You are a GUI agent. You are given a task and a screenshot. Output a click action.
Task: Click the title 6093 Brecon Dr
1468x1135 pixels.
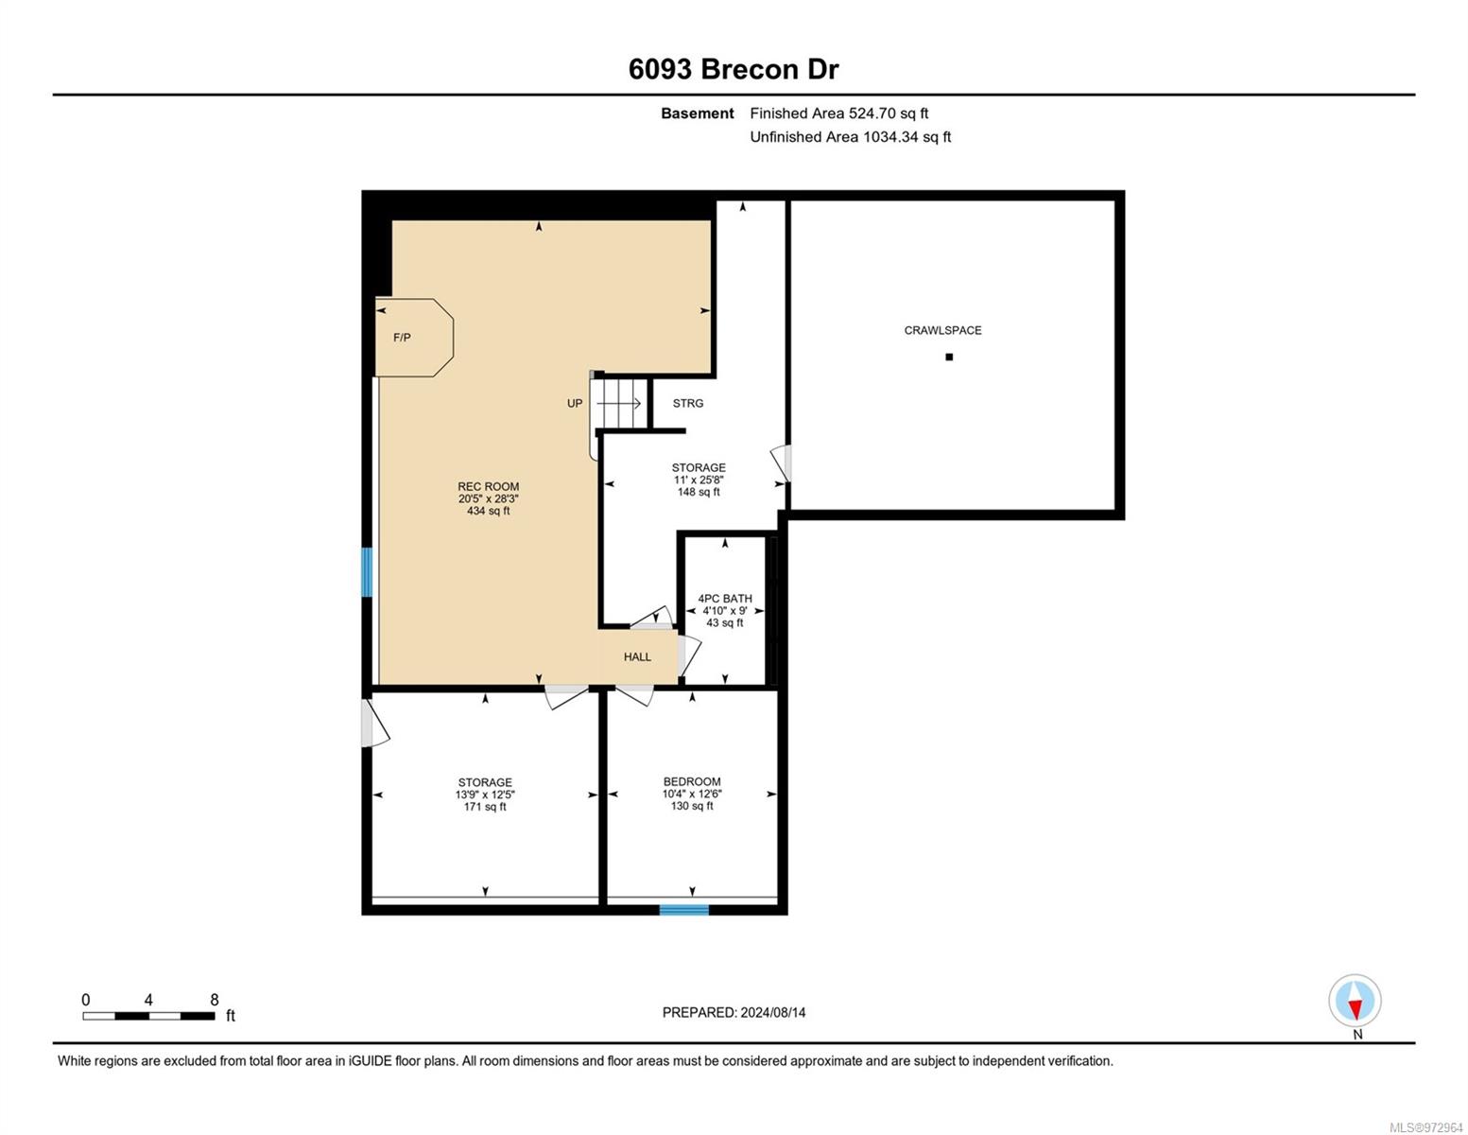733,69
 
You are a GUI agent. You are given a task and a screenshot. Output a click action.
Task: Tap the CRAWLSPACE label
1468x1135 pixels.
942,330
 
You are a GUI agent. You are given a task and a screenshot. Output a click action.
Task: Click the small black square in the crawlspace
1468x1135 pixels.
948,357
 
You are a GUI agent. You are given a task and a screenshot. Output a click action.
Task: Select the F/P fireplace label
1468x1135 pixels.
402,338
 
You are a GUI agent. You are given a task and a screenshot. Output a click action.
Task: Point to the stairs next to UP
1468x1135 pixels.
619,404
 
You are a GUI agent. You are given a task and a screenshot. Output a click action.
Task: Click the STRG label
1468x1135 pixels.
688,403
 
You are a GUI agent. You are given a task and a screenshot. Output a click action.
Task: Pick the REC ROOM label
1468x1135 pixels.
488,486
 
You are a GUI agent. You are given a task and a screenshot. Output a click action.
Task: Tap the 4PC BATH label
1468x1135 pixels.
724,599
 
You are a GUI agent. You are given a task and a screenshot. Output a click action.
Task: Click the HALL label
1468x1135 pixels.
637,656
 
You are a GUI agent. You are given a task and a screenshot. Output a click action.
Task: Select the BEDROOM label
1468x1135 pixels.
692,781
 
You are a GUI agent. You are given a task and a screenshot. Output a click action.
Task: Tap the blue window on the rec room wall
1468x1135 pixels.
367,572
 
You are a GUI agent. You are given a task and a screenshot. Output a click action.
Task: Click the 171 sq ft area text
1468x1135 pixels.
484,807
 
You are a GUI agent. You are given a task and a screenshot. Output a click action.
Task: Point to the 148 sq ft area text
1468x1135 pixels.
699,492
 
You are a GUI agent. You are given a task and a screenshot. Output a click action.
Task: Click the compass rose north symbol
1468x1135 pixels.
1355,1001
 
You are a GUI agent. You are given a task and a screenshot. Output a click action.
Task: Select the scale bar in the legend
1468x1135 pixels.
148,1015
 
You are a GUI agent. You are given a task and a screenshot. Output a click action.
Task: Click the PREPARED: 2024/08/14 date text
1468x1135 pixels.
734,1012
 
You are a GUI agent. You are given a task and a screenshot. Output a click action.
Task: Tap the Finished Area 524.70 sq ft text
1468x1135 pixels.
838,113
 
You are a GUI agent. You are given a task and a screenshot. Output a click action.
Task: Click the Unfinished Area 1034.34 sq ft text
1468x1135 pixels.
850,136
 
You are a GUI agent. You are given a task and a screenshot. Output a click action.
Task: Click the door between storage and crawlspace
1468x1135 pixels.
783,463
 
